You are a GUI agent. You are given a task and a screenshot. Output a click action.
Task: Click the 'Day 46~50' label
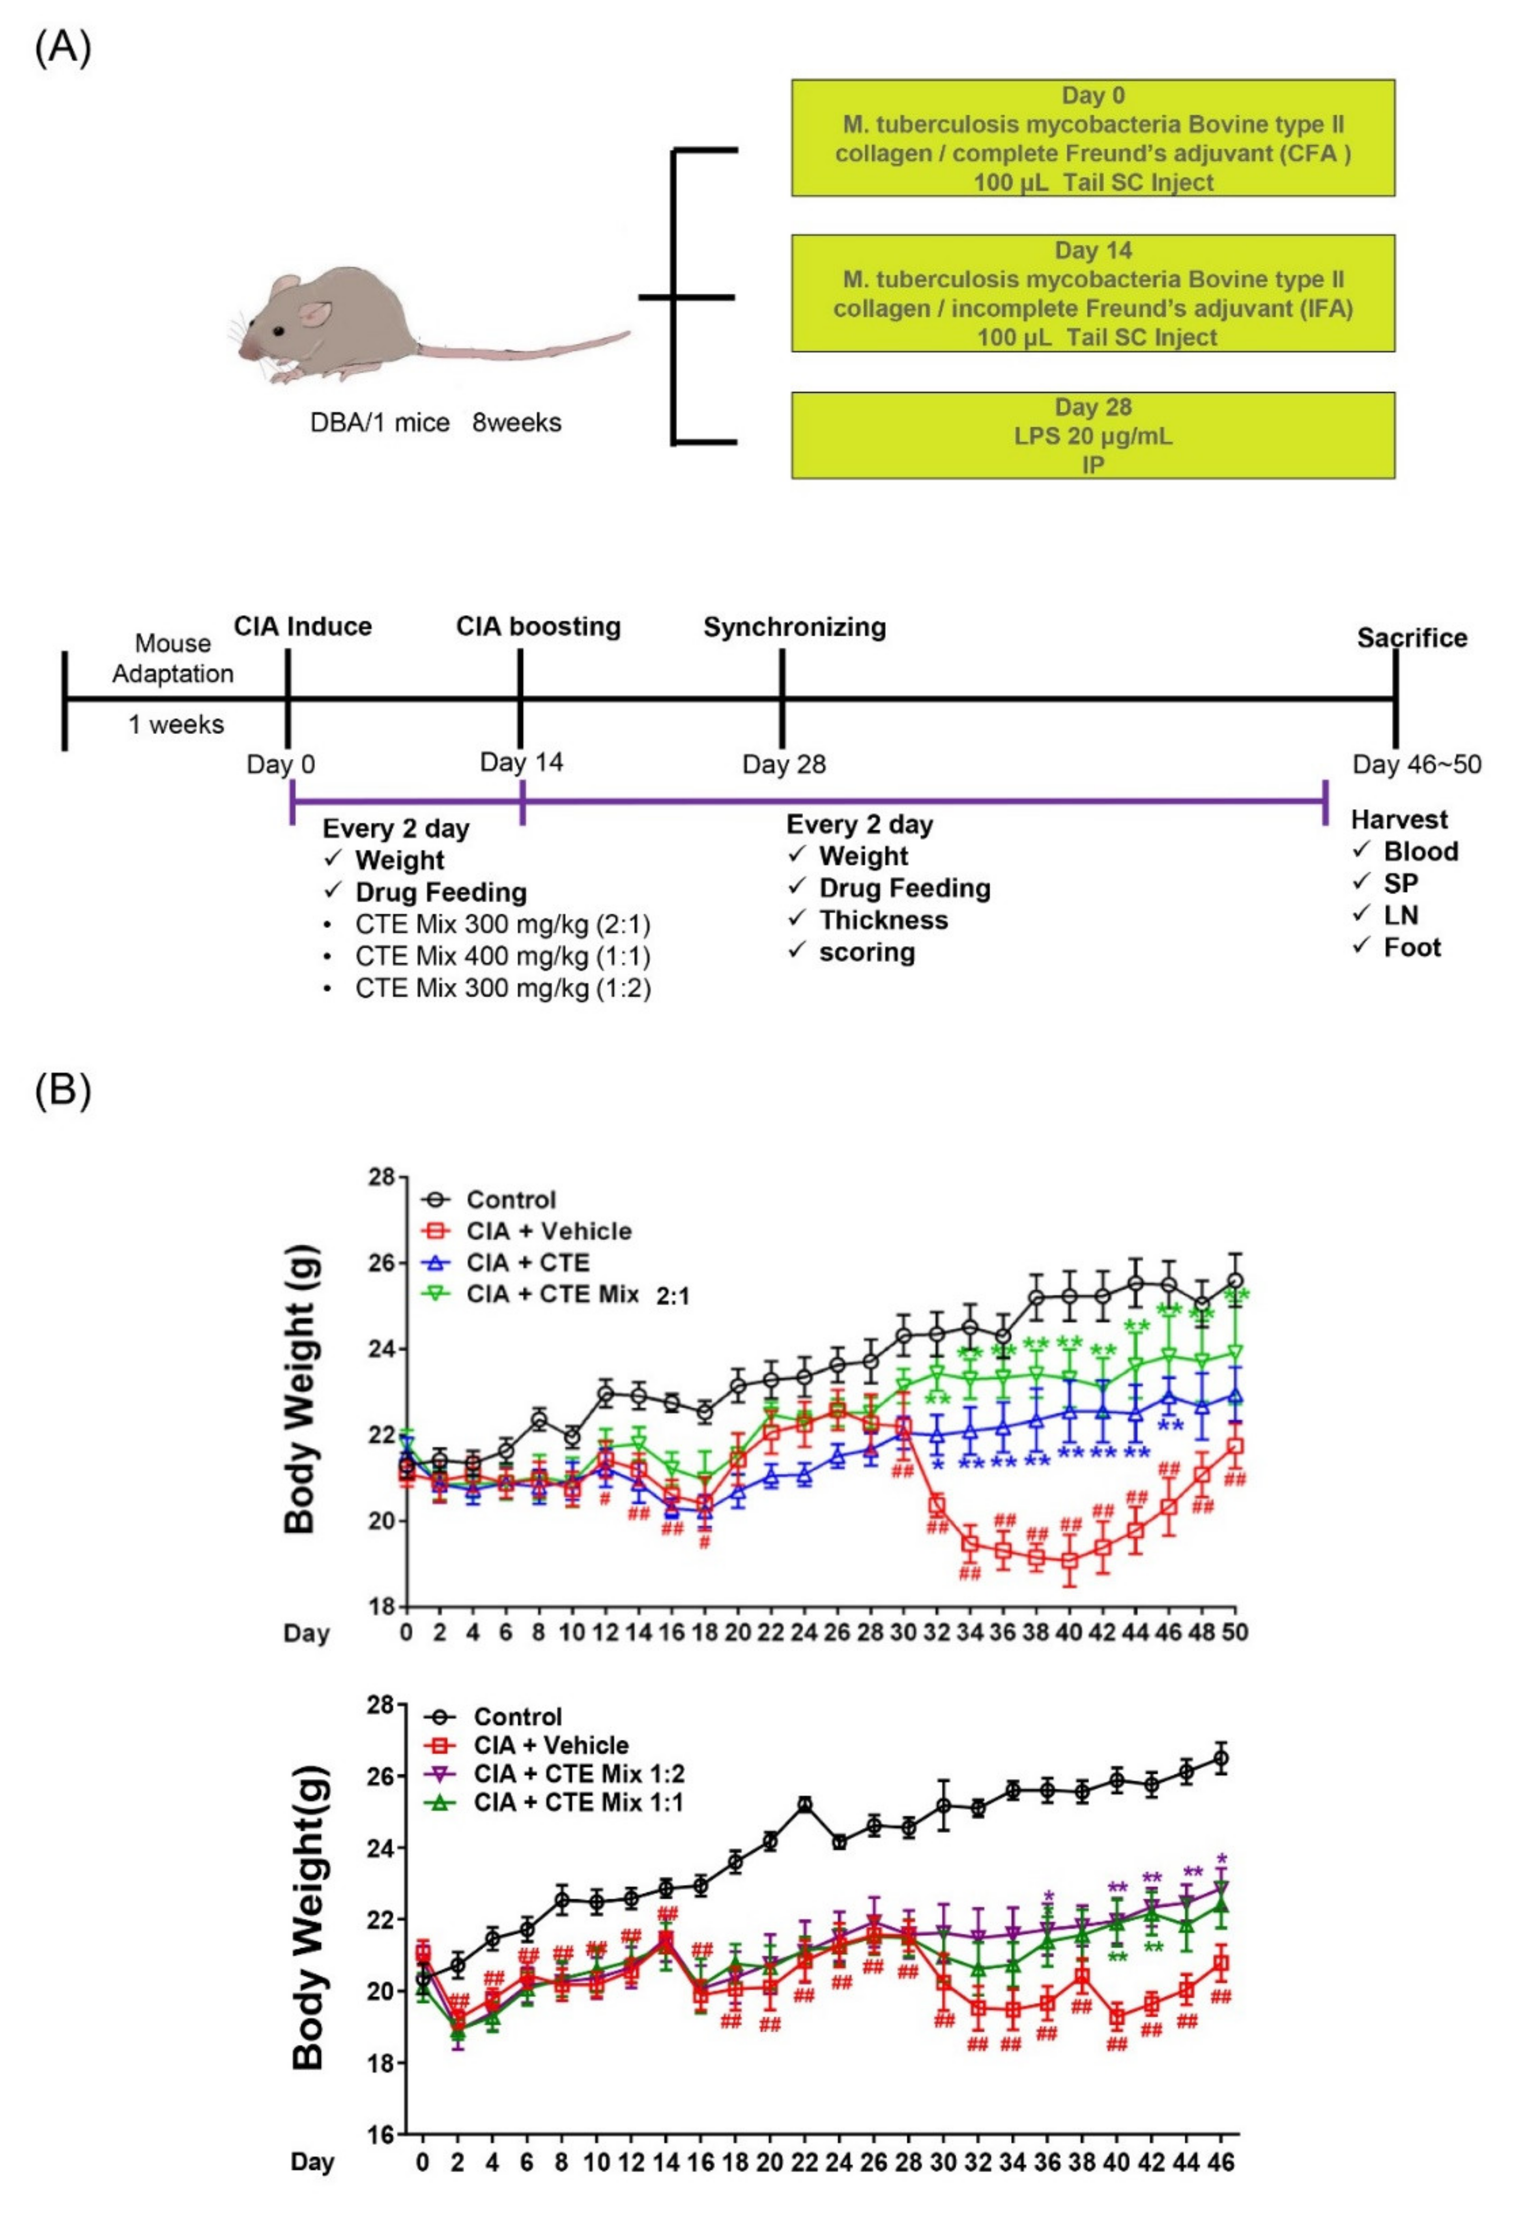pyautogui.click(x=1416, y=764)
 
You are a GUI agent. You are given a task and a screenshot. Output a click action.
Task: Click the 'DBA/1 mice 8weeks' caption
pyautogui.click(x=435, y=422)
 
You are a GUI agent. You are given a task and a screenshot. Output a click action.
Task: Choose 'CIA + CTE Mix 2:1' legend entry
pyautogui.click(x=576, y=1295)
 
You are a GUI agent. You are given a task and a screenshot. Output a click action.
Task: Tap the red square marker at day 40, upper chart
pyautogui.click(x=1069, y=1561)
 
